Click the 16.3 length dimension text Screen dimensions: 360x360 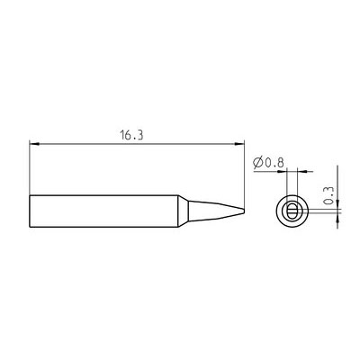131,136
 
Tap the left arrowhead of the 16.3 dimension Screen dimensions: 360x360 34,144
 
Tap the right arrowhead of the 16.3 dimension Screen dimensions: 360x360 239,144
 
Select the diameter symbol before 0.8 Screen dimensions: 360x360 258,163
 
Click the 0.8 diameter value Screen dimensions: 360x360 274,163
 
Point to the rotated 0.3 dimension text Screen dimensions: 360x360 329,195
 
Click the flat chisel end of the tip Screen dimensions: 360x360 244,211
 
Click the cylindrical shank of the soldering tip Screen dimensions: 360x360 103,211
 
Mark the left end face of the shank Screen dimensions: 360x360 30,211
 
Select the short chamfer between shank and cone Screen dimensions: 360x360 184,211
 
